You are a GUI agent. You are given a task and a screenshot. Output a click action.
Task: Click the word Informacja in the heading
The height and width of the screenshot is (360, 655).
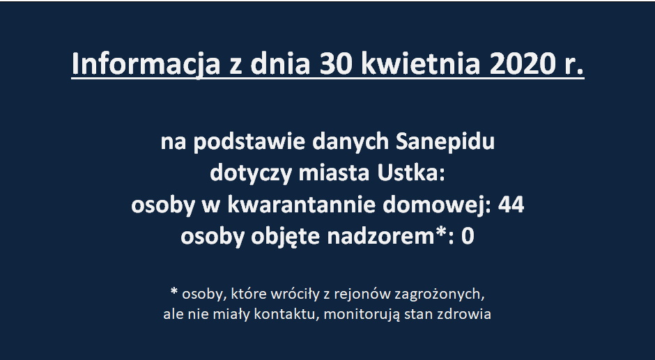tap(146, 64)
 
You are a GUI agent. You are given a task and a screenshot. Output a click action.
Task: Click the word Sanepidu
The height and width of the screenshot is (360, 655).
tap(445, 142)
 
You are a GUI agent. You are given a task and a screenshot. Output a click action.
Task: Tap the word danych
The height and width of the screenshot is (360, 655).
tap(350, 142)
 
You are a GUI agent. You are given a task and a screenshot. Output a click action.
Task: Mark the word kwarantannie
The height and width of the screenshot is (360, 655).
tap(302, 205)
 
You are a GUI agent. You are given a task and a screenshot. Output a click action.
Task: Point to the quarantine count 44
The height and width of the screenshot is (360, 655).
tap(511, 205)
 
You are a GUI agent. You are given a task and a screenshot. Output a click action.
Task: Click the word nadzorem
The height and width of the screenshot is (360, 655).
tap(381, 236)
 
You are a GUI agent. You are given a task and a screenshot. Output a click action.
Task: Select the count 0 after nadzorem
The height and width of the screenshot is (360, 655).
tap(468, 237)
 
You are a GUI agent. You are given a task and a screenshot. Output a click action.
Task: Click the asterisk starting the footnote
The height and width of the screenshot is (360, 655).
tap(174, 291)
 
